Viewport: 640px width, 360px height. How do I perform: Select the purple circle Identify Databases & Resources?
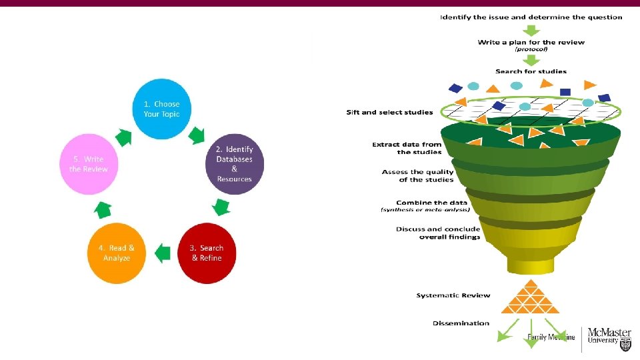point(234,164)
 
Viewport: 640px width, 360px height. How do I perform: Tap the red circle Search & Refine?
point(207,253)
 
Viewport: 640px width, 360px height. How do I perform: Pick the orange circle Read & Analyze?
point(117,253)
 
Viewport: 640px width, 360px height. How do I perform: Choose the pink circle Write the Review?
point(89,164)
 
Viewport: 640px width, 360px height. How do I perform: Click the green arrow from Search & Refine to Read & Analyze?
point(162,253)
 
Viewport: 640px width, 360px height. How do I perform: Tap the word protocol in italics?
point(531,49)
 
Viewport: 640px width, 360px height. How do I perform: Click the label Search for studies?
point(531,71)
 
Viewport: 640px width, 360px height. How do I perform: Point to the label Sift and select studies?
point(389,112)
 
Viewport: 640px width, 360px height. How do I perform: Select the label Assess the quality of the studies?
point(417,175)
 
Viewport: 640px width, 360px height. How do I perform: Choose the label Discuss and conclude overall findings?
point(437,233)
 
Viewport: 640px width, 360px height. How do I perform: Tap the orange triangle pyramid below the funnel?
point(530,297)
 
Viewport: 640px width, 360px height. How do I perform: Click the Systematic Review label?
point(453,295)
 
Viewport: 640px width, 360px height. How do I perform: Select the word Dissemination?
point(461,323)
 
